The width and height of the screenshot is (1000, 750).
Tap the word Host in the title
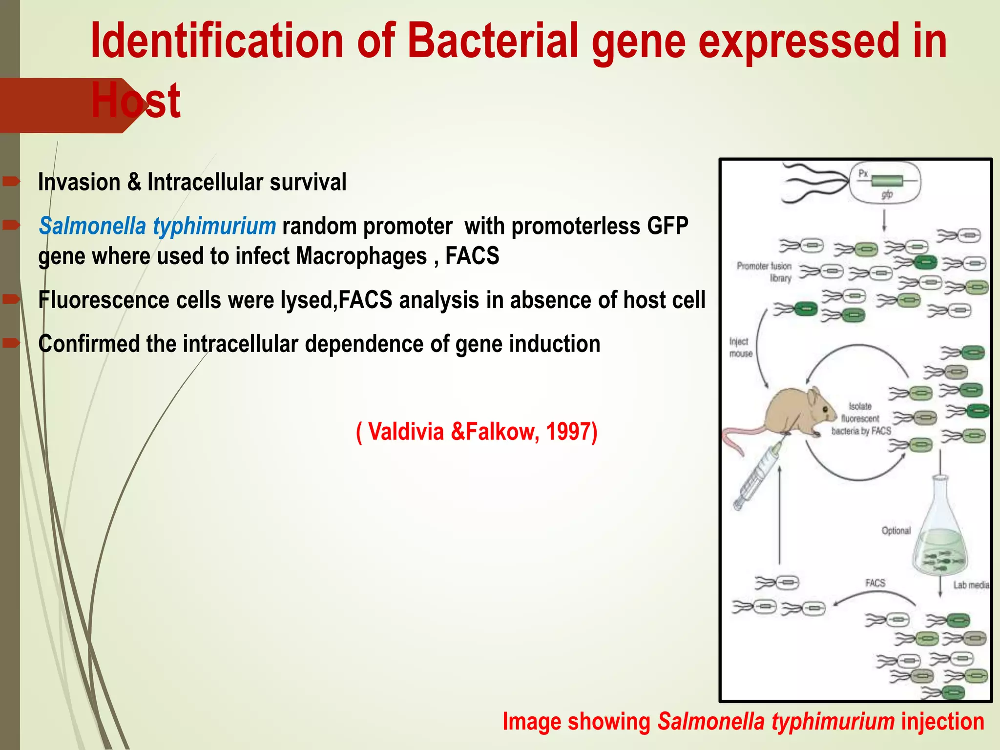point(136,101)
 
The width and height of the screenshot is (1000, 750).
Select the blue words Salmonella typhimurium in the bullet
point(157,226)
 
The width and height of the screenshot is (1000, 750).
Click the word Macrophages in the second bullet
point(361,256)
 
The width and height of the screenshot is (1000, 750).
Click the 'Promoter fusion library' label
point(765,272)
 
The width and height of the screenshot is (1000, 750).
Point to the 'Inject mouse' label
point(740,347)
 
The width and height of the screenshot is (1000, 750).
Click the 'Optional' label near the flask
point(896,531)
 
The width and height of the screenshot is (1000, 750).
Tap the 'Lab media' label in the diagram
point(971,585)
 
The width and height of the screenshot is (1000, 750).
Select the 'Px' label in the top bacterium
point(863,173)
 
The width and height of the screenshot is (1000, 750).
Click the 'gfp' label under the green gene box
point(887,194)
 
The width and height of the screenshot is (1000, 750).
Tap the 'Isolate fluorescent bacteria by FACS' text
point(861,419)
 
